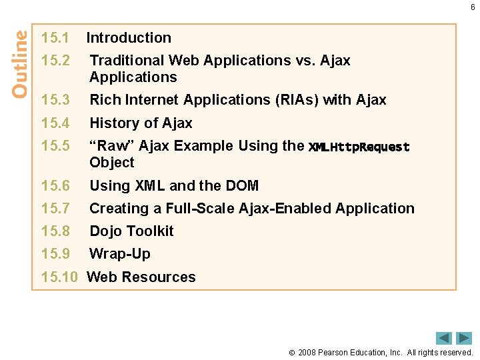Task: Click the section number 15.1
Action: pos(55,38)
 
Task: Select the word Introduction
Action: pos(129,38)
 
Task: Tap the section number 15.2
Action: pos(55,61)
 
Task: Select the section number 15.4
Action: pos(55,123)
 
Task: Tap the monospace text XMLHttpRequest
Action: pos(359,147)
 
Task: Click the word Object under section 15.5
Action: pos(112,163)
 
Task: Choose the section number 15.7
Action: pos(55,209)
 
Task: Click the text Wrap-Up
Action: pos(120,254)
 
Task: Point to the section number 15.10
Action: pos(59,277)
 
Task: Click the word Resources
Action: pos(167,277)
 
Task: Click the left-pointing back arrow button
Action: pos(444,338)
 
